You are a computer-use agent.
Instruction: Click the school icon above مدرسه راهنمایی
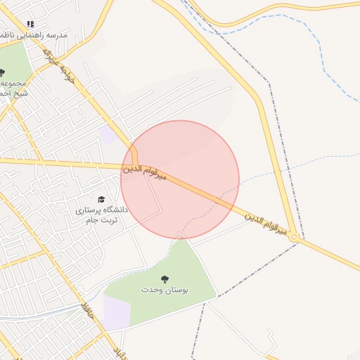tap(30, 24)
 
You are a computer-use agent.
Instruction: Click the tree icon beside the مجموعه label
tap(2, 72)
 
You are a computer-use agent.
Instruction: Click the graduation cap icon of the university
tap(101, 200)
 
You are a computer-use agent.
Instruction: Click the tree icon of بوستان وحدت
tap(165, 279)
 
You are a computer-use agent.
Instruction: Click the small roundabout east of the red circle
tap(296, 240)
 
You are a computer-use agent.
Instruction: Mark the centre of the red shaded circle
tap(180, 179)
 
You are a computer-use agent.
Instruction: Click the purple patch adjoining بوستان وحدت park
tap(116, 311)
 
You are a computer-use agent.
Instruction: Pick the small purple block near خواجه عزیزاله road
tap(108, 134)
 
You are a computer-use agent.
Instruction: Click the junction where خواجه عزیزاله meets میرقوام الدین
tap(134, 166)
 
